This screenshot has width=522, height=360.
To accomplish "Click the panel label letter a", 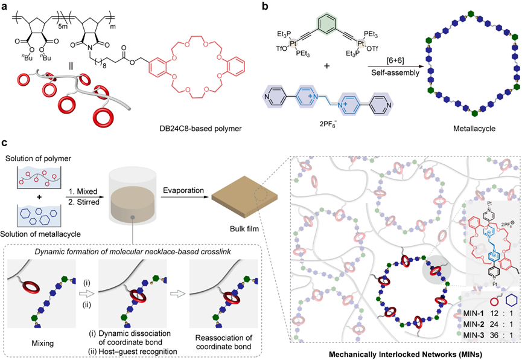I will pyautogui.click(x=5, y=5).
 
